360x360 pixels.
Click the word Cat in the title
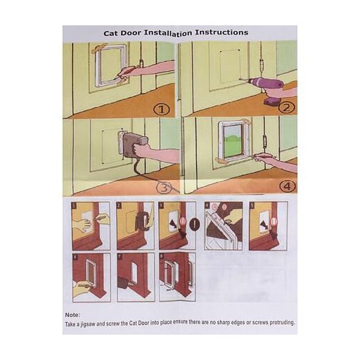tap(110, 33)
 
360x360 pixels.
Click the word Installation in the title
tap(168, 33)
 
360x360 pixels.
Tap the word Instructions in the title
tap(221, 32)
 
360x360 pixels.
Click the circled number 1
tap(161, 110)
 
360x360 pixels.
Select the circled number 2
tap(287, 108)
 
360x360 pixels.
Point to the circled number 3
tap(164, 188)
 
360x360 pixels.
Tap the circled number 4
tap(288, 186)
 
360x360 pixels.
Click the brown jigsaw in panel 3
tap(132, 143)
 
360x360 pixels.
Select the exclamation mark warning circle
tap(195, 225)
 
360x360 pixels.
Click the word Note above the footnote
tap(72, 315)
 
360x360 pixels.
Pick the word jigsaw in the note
tap(88, 324)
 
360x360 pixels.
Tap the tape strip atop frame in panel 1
tap(99, 48)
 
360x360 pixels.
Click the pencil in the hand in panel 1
tap(124, 73)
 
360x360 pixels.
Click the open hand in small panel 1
tap(81, 224)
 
